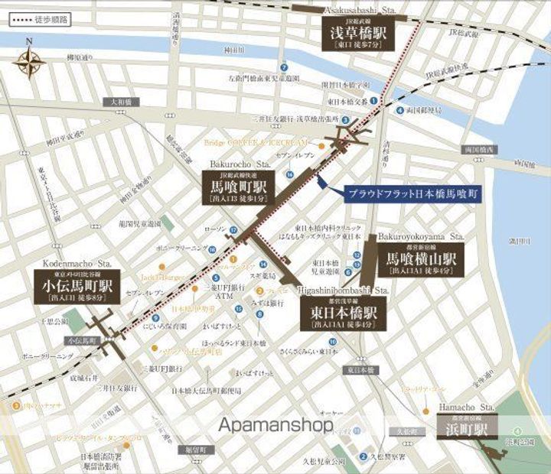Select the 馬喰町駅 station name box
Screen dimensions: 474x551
click(x=236, y=186)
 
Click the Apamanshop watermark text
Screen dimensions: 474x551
click(x=275, y=424)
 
